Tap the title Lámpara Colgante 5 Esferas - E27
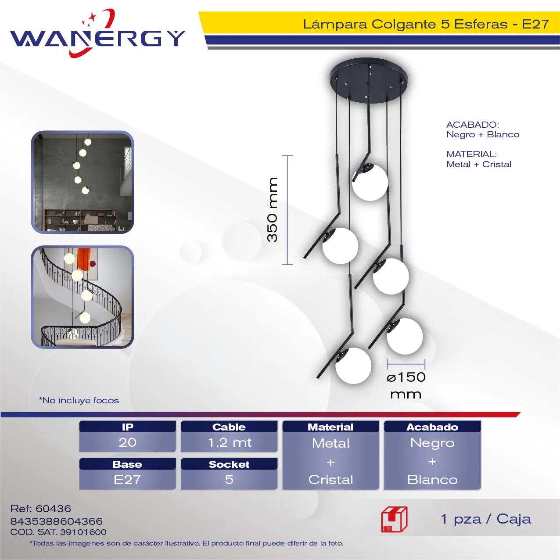[426, 24]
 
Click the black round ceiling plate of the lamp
[369, 79]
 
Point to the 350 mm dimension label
[272, 210]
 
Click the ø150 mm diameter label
[406, 386]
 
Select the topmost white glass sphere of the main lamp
[370, 183]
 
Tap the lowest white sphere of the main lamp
[353, 366]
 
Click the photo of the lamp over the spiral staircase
[83, 297]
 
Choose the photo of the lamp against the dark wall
[83, 182]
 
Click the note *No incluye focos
[79, 400]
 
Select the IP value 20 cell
[128, 442]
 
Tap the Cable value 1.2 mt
[229, 442]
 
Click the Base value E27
[128, 480]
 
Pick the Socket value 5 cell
[229, 480]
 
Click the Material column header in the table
[331, 427]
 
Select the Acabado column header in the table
[432, 427]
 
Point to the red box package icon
[395, 519]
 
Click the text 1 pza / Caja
[485, 519]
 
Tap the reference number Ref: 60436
[40, 509]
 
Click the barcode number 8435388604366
[56, 521]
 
